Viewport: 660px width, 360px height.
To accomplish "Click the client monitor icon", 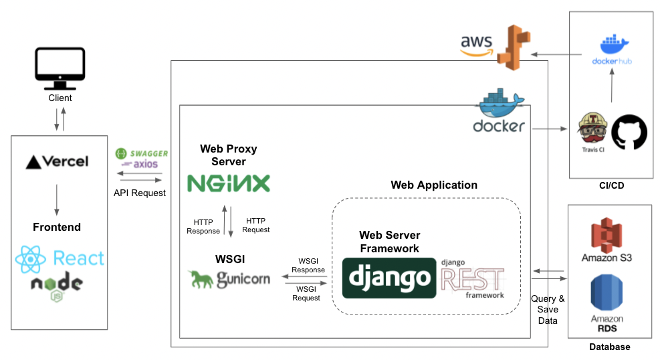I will [60, 68].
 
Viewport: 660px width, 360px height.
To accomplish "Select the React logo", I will [60, 258].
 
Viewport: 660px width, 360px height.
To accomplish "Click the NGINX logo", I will [228, 183].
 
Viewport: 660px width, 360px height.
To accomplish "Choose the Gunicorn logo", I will [229, 276].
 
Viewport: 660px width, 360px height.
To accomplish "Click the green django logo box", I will [387, 278].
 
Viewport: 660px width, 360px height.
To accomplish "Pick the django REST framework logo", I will [472, 278].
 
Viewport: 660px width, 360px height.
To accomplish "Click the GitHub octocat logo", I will [629, 131].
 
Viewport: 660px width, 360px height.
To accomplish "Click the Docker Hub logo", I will [612, 50].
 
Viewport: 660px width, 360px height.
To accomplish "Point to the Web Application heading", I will [434, 185].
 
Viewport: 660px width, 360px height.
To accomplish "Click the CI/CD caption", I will [611, 186].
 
